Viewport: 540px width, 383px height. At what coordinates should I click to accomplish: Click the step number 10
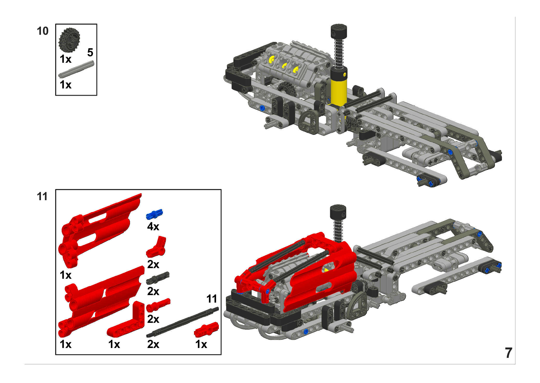coord(42,31)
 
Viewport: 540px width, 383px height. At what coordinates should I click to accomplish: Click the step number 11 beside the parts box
coord(42,196)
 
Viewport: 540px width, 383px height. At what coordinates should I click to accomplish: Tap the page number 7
coord(508,353)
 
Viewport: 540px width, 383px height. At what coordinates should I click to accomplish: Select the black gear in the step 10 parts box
coord(69,40)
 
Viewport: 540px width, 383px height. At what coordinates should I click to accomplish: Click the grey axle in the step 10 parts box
coord(76,69)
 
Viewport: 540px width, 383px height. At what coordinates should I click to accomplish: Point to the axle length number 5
coord(90,52)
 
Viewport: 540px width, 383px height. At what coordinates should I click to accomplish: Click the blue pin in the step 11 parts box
coord(154,214)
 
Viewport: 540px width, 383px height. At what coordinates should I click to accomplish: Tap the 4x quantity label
coord(153,227)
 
